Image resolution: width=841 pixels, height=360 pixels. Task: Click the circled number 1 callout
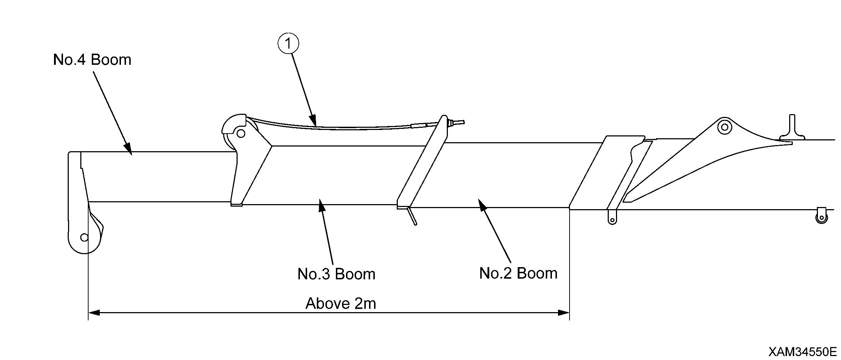(288, 44)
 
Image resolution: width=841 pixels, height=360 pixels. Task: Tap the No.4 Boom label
(92, 59)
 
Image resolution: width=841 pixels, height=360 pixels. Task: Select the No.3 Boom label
(336, 274)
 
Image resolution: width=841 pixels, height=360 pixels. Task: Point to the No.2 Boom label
(518, 273)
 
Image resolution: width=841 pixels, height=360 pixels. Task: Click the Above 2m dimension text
(341, 303)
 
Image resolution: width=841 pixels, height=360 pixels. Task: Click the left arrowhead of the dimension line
(94, 312)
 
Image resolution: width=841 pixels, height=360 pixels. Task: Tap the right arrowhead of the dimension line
(564, 312)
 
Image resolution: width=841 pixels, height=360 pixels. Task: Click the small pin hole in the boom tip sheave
(84, 238)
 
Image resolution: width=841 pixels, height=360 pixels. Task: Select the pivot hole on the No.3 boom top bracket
(241, 134)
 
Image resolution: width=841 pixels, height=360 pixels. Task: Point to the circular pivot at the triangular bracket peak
(725, 127)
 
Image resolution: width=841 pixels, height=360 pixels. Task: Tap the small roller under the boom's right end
(822, 217)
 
